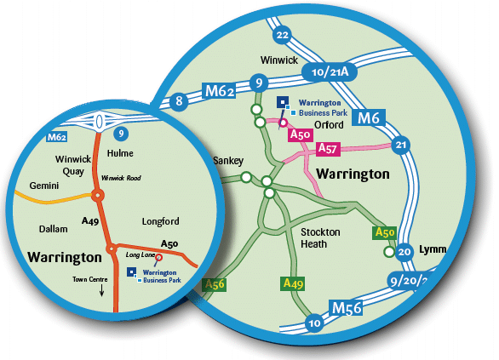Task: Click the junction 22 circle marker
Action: pyautogui.click(x=283, y=34)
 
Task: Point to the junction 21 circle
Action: pyautogui.click(x=401, y=145)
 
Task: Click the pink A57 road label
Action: pyautogui.click(x=328, y=149)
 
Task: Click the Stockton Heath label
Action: pyautogui.click(x=321, y=237)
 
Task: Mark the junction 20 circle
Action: pyautogui.click(x=404, y=252)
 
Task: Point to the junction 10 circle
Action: pyautogui.click(x=314, y=323)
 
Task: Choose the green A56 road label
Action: pyautogui.click(x=215, y=285)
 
